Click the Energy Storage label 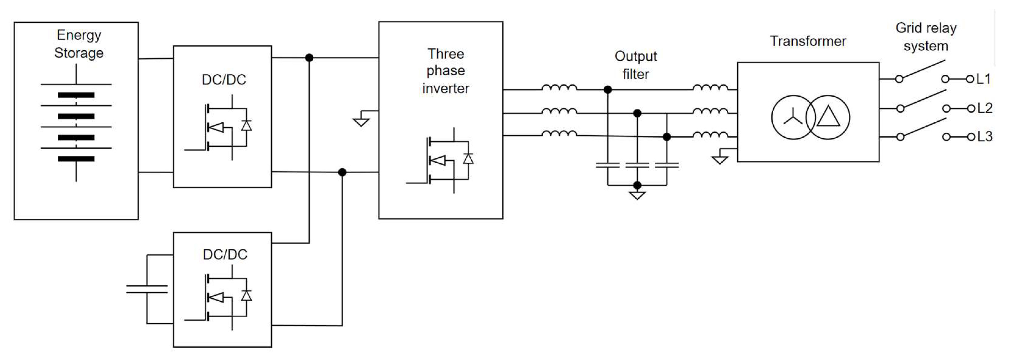point(78,43)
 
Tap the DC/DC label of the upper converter point(224,80)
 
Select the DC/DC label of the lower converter point(225,254)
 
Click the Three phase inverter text point(445,71)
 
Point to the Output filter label point(635,65)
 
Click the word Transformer point(808,41)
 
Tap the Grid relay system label point(926,37)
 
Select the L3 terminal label point(984,137)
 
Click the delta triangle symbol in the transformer point(828,117)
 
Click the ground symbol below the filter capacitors point(637,195)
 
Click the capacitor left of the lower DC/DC point(147,289)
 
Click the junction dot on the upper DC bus point(309,58)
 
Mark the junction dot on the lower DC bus point(342,172)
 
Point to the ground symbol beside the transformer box point(720,159)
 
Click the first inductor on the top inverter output point(559,88)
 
